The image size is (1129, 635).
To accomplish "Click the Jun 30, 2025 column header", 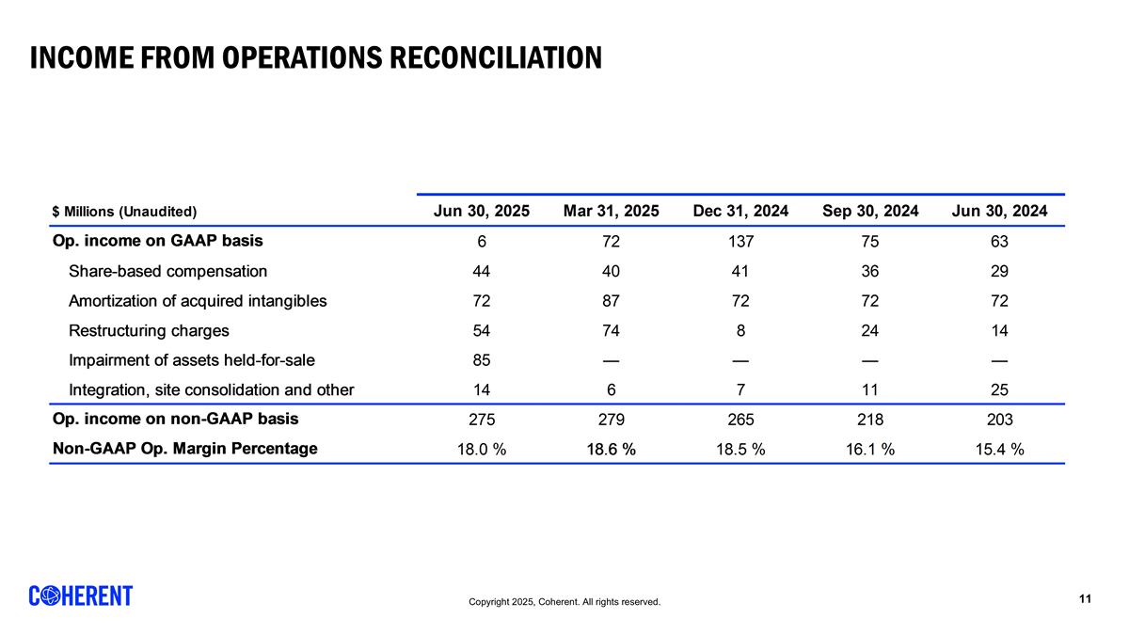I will coord(481,211).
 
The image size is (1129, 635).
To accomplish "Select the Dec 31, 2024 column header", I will coord(740,211).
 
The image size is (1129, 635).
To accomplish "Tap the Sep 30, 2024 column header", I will coord(870,211).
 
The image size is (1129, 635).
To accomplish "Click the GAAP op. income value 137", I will coord(740,241).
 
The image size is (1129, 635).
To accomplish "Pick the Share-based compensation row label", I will coord(167,271).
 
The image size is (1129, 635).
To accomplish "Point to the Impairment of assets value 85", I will coord(481,359).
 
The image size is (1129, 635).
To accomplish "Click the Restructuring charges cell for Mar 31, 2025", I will coord(611,330).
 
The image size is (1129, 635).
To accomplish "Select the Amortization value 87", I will coord(611,301).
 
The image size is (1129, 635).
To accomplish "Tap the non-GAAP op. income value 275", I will coord(481,420).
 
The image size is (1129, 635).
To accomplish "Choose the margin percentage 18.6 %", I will coord(611,450).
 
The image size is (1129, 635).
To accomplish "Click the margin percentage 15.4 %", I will coord(999,450).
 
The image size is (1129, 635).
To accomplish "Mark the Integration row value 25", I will coord(999,389).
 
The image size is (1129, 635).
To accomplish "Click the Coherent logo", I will coord(81,595).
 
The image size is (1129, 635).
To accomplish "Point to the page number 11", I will coord(1085,599).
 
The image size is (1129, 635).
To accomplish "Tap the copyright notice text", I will coord(564,602).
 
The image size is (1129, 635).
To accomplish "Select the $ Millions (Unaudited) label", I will coord(124,212).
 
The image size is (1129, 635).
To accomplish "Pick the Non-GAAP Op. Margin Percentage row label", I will coord(184,449).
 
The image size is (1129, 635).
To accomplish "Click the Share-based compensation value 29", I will coord(999,271).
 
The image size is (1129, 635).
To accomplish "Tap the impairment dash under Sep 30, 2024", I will coord(870,360).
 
